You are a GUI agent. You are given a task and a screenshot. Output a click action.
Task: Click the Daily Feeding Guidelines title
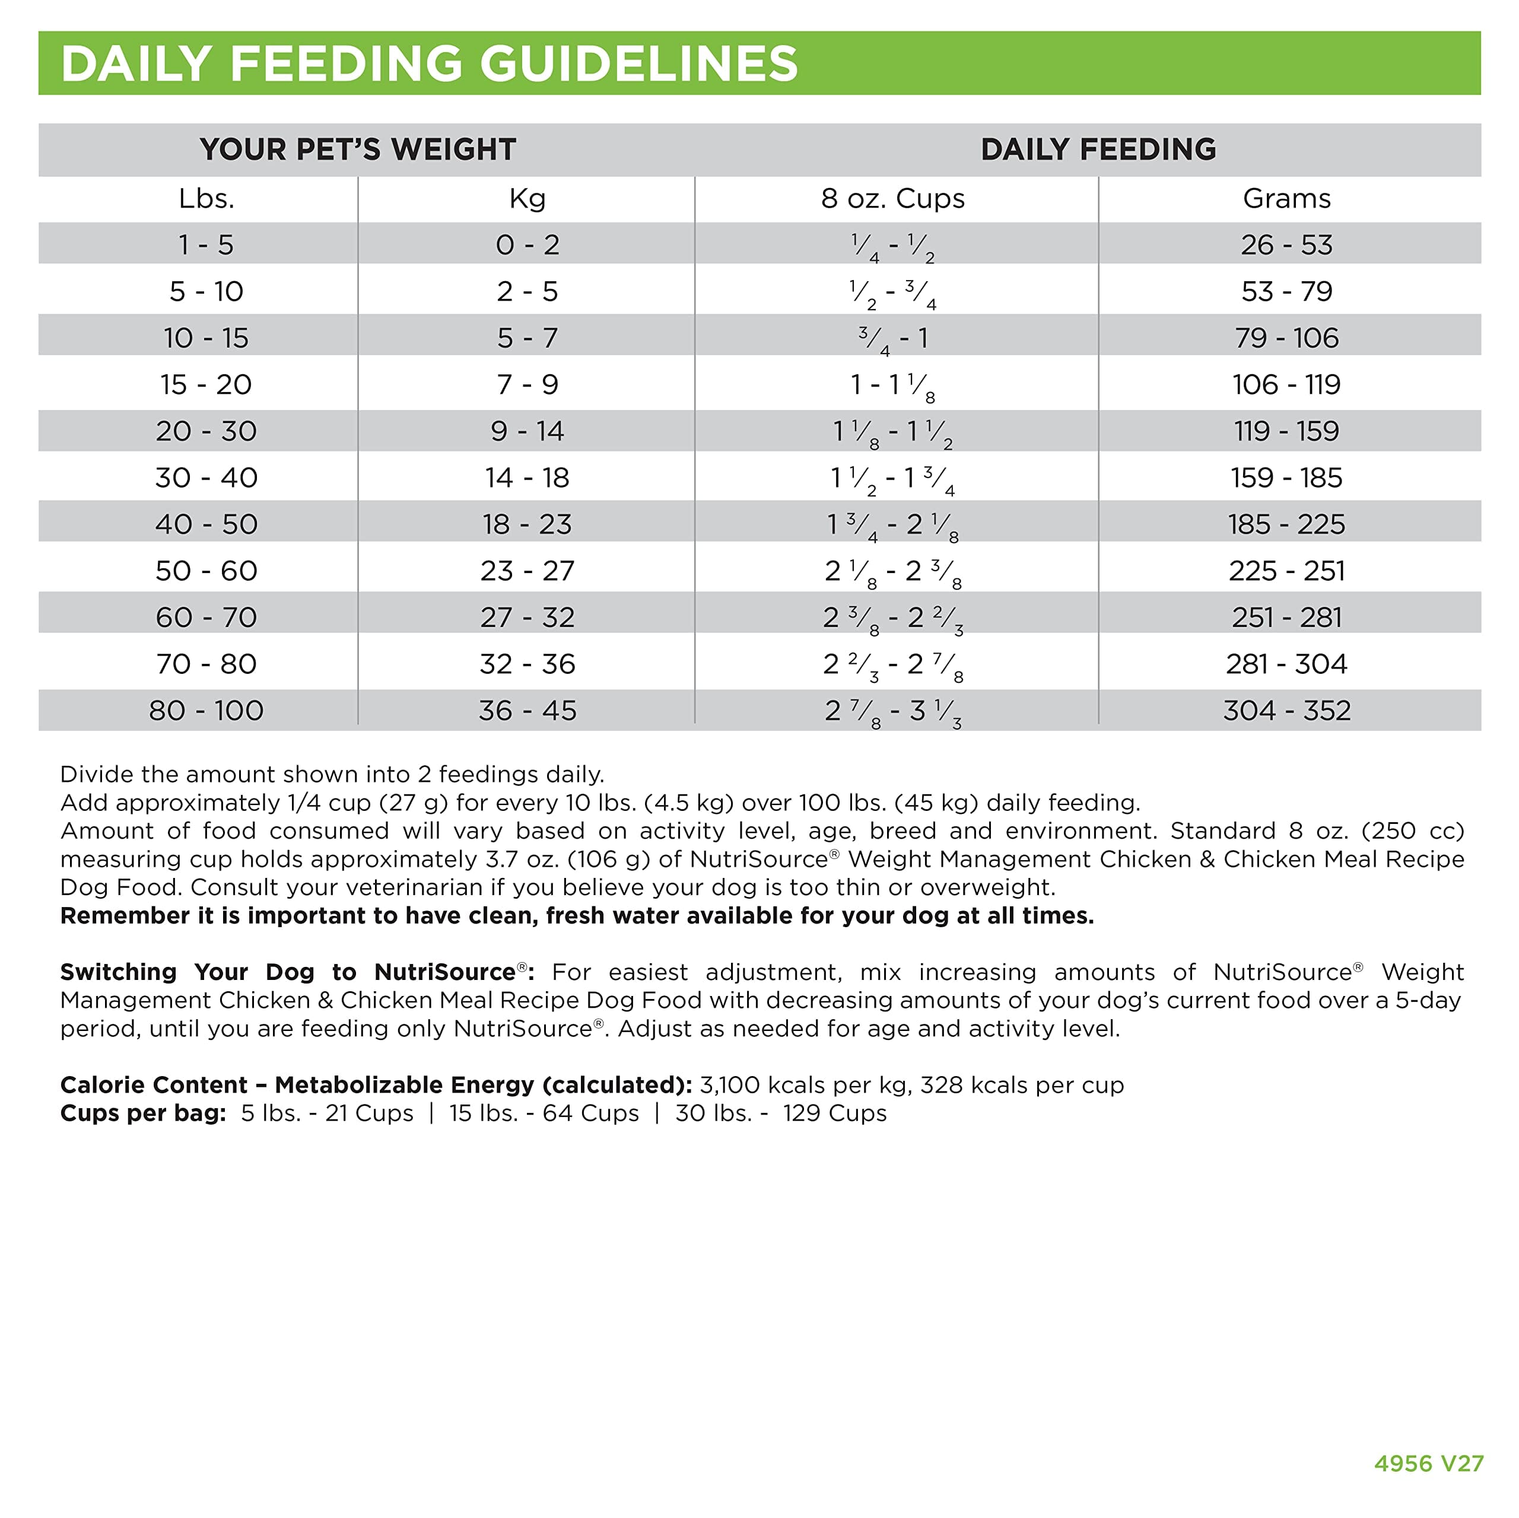click(429, 63)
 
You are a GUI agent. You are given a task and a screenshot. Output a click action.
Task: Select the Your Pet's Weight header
click(358, 149)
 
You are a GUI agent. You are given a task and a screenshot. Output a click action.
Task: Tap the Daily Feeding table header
click(1098, 149)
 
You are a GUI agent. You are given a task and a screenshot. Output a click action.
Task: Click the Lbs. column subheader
click(206, 199)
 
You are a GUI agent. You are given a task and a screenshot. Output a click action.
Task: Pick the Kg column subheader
click(527, 199)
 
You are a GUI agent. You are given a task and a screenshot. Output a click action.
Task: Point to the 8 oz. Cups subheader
click(892, 199)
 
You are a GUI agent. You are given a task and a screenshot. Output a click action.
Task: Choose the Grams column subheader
click(1286, 199)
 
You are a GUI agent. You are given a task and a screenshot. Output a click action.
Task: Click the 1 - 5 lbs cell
click(206, 245)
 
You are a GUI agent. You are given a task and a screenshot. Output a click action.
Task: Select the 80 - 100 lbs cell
click(206, 711)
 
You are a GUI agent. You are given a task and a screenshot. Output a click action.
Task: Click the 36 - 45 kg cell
click(527, 711)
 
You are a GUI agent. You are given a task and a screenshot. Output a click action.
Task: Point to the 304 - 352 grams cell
click(1286, 711)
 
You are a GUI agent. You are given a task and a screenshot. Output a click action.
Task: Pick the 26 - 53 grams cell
click(1286, 245)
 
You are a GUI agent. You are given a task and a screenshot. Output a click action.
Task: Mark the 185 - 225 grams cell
click(1286, 524)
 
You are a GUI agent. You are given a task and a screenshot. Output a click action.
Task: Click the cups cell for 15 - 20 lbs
click(892, 385)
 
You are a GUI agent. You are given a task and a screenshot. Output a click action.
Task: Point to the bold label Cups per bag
click(143, 1113)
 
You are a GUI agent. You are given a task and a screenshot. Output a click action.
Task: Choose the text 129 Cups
click(834, 1113)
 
